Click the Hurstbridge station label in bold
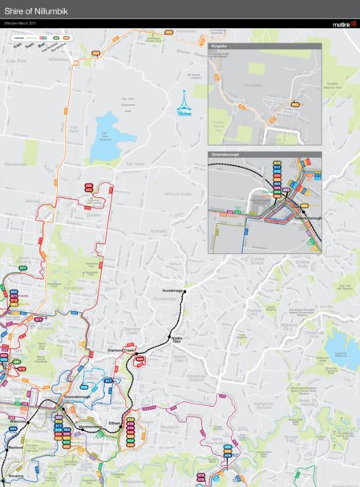tap(172, 290)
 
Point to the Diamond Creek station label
tap(123, 351)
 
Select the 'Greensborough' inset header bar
tap(265, 154)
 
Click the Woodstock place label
tap(15, 164)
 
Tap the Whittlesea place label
tap(59, 58)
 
